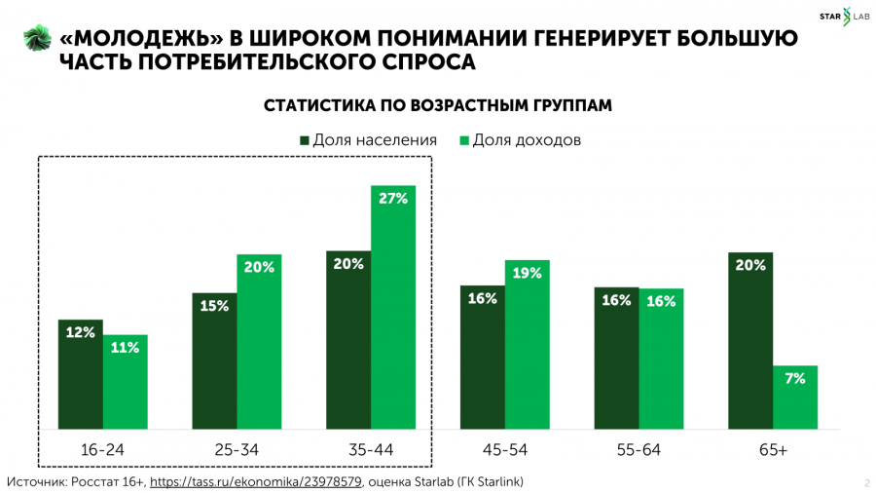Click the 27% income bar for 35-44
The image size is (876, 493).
coord(393,307)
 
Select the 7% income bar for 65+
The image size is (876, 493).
coord(795,398)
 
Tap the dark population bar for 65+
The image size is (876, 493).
coord(750,341)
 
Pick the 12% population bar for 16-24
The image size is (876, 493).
coord(81,374)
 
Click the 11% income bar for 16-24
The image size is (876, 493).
coord(125,382)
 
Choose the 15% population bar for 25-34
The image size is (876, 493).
coord(214,360)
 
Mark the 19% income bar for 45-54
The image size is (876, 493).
coord(528,345)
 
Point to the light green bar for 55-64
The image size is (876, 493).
coord(662,359)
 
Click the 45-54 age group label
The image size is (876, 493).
coord(505,450)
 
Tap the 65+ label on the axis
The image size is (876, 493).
coord(773,450)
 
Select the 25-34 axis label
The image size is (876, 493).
coord(237,450)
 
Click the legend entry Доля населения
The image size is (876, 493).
coord(367,139)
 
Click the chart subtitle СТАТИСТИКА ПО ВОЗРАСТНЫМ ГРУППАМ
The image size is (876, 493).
coord(438,105)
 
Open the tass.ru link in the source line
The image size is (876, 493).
coord(255,481)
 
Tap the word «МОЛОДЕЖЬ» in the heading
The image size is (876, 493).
coord(139,40)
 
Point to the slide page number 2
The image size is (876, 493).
coord(865,482)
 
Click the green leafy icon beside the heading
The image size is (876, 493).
coord(36,39)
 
